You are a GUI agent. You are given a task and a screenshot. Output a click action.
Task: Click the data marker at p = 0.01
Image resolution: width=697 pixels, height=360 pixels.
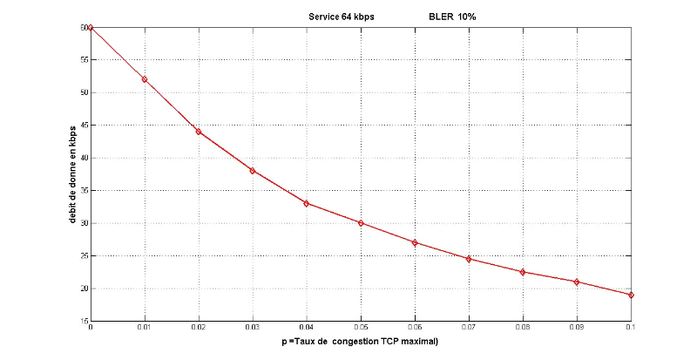click(x=145, y=79)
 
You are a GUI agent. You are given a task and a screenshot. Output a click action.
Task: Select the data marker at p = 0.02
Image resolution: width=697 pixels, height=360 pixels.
click(x=199, y=132)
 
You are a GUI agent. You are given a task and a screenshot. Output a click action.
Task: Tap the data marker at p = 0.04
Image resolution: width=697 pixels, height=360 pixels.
click(x=307, y=203)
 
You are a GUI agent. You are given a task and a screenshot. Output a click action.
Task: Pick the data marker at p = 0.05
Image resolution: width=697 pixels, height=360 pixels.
click(x=361, y=223)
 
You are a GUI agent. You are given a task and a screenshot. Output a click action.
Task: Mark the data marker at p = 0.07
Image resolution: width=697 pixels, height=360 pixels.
click(x=469, y=259)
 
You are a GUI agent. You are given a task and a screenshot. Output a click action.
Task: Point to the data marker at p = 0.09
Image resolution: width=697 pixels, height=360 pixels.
click(x=577, y=282)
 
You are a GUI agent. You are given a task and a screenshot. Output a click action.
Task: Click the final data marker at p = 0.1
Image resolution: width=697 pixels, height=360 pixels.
click(x=630, y=295)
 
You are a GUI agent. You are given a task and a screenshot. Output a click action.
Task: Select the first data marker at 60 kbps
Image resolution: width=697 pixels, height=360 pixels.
click(x=91, y=28)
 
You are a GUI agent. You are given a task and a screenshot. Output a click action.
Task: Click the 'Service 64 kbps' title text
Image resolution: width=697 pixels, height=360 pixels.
click(x=342, y=17)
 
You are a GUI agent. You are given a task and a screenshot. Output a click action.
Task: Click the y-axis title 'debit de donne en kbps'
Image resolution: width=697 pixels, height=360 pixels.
click(x=73, y=173)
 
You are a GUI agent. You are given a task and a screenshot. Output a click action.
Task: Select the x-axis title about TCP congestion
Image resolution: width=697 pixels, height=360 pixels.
click(x=359, y=341)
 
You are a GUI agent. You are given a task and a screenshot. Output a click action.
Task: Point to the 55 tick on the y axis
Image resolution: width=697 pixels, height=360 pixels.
click(x=85, y=60)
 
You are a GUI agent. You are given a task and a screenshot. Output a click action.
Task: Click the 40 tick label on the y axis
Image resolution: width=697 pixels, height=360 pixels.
click(x=85, y=158)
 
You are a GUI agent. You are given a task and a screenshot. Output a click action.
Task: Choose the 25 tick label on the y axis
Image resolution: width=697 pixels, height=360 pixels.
click(x=85, y=255)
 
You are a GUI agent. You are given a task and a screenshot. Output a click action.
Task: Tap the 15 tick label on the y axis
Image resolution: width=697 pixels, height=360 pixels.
click(x=85, y=321)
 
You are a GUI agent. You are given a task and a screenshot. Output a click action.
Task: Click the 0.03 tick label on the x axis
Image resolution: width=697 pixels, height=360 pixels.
click(x=253, y=329)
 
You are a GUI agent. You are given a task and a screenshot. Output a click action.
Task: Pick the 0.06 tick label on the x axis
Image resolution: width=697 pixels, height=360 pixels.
click(x=415, y=329)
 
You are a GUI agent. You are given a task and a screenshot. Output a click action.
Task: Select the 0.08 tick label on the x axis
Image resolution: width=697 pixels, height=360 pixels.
click(x=523, y=329)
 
